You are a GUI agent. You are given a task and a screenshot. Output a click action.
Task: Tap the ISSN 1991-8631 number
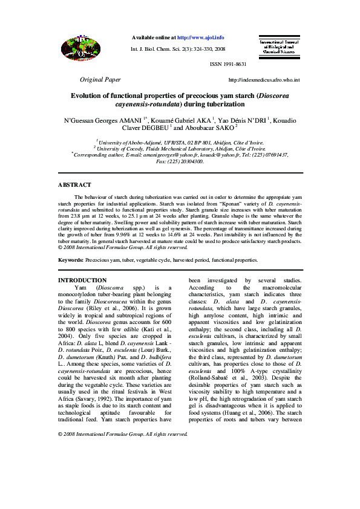(x=228, y=64)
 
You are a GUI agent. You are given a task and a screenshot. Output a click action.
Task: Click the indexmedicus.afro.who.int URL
(x=264, y=80)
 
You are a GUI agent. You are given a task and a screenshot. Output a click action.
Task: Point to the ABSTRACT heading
(x=74, y=185)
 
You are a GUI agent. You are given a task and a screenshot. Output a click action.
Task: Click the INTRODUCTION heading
(x=82, y=280)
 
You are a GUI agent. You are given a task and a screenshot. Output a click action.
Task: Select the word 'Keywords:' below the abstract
(x=71, y=260)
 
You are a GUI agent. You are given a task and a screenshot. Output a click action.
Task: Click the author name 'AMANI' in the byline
(x=130, y=121)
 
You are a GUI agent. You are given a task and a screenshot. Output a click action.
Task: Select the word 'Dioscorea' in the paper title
(x=278, y=96)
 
